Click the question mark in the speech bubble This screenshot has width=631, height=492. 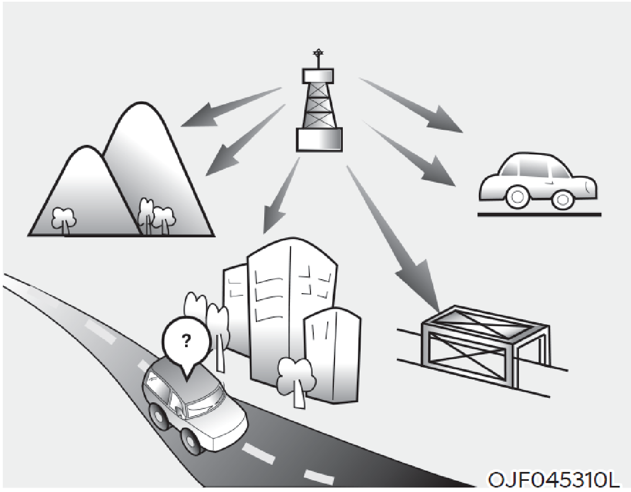pos(186,341)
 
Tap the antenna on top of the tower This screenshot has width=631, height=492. pos(318,59)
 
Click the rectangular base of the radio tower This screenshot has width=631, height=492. pos(319,140)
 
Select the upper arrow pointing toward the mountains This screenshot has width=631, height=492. pos(231,107)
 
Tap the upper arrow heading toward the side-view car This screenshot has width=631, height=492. pos(411,105)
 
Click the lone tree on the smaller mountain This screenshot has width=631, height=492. pos(64,220)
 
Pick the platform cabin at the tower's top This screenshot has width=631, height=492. pos(318,75)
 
